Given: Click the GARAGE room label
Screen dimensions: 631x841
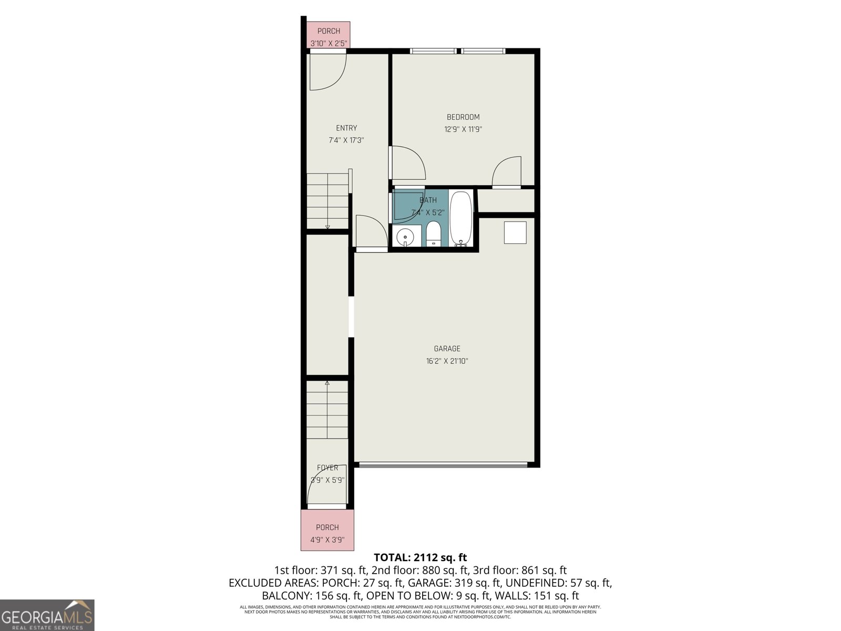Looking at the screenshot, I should (x=447, y=349).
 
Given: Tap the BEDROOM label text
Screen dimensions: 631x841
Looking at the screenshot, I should (x=463, y=117).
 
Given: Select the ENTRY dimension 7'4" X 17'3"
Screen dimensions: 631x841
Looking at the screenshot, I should (x=346, y=140).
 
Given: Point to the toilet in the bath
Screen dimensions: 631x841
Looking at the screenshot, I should (x=433, y=234).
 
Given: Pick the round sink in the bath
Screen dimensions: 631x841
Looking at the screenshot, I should (x=405, y=238).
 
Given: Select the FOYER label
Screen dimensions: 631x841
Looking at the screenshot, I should (x=327, y=468).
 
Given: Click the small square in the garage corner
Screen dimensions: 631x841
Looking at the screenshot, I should (x=515, y=232).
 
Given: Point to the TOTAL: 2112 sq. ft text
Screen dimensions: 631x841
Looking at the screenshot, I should (x=420, y=557).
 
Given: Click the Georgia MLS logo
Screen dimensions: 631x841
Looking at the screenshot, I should (x=47, y=615).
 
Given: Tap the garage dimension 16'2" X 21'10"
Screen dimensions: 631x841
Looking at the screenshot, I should (x=447, y=361).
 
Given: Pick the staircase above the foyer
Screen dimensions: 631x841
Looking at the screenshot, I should (x=327, y=410).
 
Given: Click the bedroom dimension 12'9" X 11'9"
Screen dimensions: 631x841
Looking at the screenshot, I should (x=463, y=129).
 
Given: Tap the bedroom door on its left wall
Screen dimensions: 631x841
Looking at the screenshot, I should (x=408, y=163).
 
